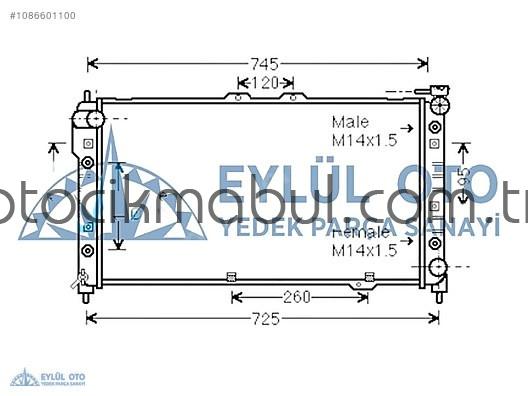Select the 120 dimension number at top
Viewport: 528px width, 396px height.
(264, 82)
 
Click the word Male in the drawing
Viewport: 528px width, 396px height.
(351, 122)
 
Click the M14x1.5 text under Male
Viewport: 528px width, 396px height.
(365, 141)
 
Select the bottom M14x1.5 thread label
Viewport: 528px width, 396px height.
(365, 250)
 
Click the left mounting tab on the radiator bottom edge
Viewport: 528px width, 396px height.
(231, 277)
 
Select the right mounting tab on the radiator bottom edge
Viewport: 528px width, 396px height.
(370, 277)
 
